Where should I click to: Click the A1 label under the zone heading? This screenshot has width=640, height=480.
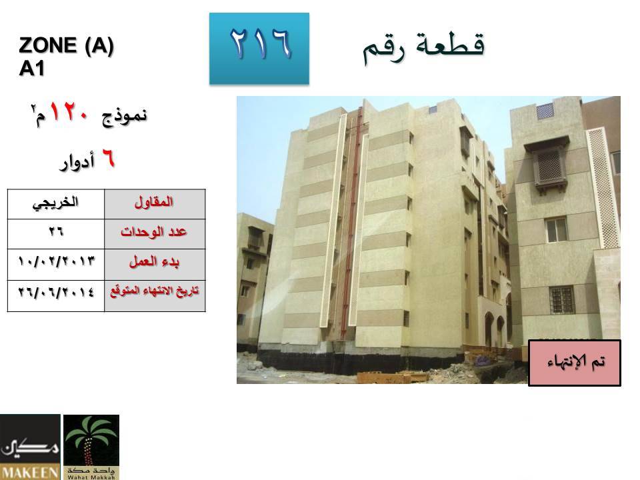pyautogui.click(x=31, y=68)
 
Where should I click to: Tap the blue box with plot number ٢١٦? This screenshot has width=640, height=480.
pyautogui.click(x=259, y=49)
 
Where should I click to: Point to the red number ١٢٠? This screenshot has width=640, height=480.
pyautogui.click(x=69, y=112)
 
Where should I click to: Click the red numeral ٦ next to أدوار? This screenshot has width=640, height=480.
pyautogui.click(x=108, y=159)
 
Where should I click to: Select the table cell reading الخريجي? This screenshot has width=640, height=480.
pyautogui.click(x=55, y=204)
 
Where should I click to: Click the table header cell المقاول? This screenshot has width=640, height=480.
pyautogui.click(x=155, y=204)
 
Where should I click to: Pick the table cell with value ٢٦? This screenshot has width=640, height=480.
pyautogui.click(x=55, y=233)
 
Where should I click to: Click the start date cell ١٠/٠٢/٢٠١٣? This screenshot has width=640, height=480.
pyautogui.click(x=55, y=264)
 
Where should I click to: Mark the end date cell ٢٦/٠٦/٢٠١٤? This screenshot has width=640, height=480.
pyautogui.click(x=55, y=295)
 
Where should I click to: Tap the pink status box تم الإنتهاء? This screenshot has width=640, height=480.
pyautogui.click(x=575, y=363)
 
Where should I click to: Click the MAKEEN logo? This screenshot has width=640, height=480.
pyautogui.click(x=30, y=447)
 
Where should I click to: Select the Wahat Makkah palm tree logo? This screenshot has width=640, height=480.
pyautogui.click(x=91, y=447)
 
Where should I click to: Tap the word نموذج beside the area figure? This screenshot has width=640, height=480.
pyautogui.click(x=125, y=116)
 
